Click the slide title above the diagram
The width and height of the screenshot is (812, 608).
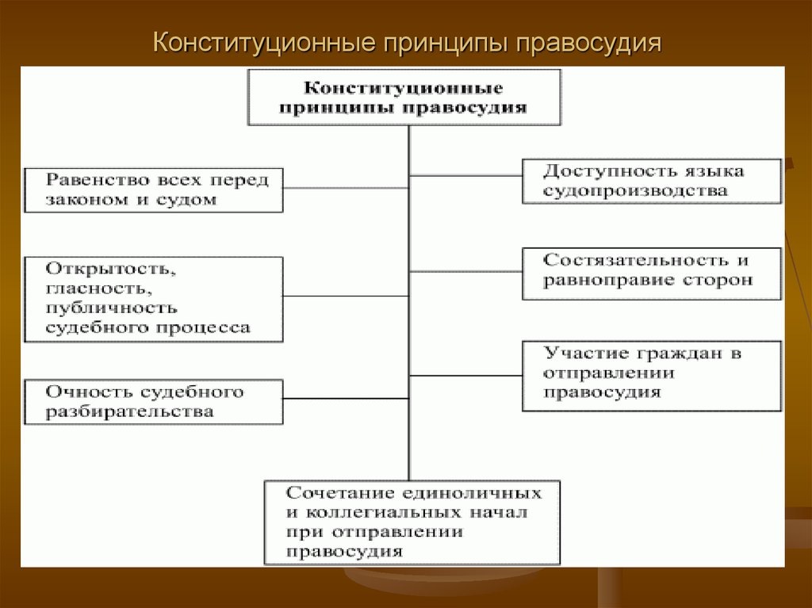(406, 42)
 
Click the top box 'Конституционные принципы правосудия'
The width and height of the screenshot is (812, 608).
(404, 97)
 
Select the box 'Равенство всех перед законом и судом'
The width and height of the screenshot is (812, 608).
(153, 189)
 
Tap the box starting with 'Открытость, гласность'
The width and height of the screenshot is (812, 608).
(153, 299)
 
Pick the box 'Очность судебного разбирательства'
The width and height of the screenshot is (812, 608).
(153, 401)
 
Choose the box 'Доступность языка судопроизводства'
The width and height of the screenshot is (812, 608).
(653, 182)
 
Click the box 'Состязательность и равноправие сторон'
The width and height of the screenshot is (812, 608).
(653, 273)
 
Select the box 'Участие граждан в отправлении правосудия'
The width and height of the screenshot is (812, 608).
(653, 375)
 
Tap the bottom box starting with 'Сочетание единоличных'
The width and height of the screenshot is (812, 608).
(412, 522)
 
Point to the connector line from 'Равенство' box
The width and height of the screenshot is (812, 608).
(346, 188)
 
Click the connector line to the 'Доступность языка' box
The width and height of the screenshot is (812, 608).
(465, 174)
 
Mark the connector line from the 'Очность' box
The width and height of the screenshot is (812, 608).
(346, 397)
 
